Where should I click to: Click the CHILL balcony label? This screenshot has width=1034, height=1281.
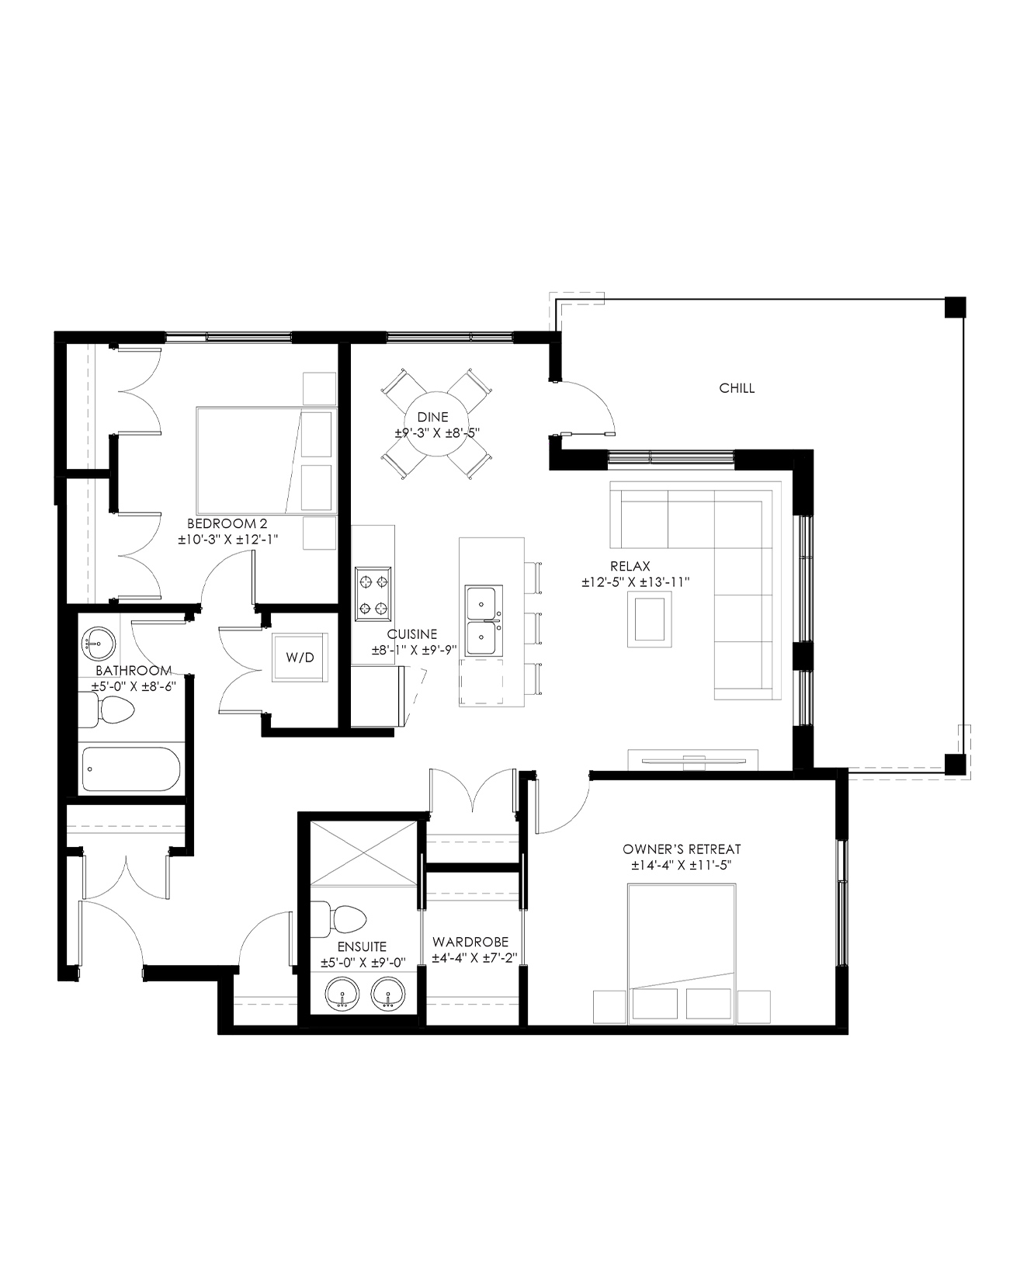737,388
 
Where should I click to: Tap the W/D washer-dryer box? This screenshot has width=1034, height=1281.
300,658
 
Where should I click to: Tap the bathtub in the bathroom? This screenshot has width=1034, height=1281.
131,769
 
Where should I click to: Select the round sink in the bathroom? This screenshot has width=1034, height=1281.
98,643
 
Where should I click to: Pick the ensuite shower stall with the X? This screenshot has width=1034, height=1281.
364,854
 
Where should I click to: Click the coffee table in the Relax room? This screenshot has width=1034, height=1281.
650,618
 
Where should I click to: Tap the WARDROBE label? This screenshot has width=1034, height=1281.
470,943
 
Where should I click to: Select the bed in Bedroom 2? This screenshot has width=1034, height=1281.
266,460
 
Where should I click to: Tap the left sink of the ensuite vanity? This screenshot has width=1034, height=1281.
342,995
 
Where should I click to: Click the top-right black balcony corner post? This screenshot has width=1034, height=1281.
955,307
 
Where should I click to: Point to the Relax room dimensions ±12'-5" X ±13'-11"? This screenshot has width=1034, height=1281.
636,582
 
